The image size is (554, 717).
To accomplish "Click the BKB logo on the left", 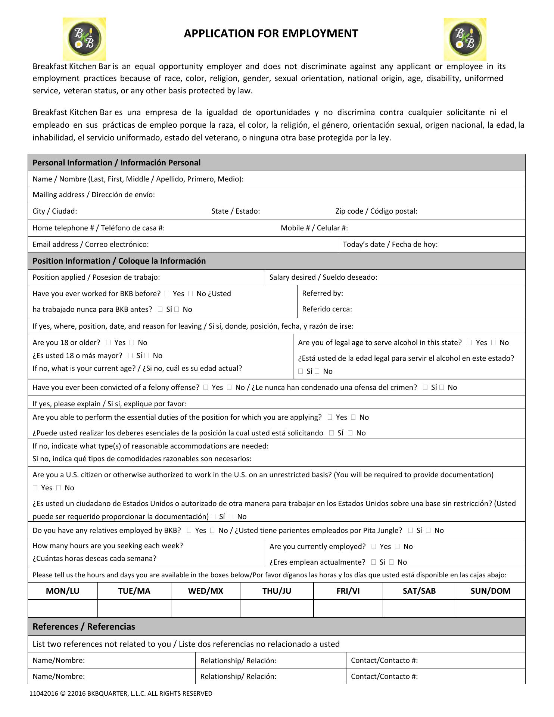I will pos(84,39).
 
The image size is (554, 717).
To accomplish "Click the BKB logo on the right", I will pos(465,39).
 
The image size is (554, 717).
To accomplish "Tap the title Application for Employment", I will pos(271,34).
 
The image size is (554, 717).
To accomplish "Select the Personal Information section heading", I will pos(116,163).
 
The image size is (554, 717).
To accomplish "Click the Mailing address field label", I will pos(93,195).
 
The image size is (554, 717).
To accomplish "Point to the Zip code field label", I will pos(376,211).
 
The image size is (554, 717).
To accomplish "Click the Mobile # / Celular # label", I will pos(314,228).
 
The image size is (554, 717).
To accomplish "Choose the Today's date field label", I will pos(390,244).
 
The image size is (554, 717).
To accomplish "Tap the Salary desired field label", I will pos(323,277).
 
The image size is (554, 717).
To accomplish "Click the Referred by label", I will pos(322,293).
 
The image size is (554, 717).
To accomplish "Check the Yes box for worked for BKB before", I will pos(167,294).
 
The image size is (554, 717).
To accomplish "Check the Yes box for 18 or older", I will pos(108,342).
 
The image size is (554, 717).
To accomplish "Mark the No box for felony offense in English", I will pos(229,387).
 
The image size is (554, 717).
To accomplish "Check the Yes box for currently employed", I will pos(374,546).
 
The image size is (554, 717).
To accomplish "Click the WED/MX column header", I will pos(205,591).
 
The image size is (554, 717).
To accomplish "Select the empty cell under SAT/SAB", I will pos(419,608).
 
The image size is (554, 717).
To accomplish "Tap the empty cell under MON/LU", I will pos(62,608).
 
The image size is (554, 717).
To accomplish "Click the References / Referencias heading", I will pos(84,627).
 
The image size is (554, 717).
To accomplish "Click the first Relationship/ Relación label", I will pos(238,661).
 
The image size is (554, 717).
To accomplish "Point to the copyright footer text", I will pos(121,693).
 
